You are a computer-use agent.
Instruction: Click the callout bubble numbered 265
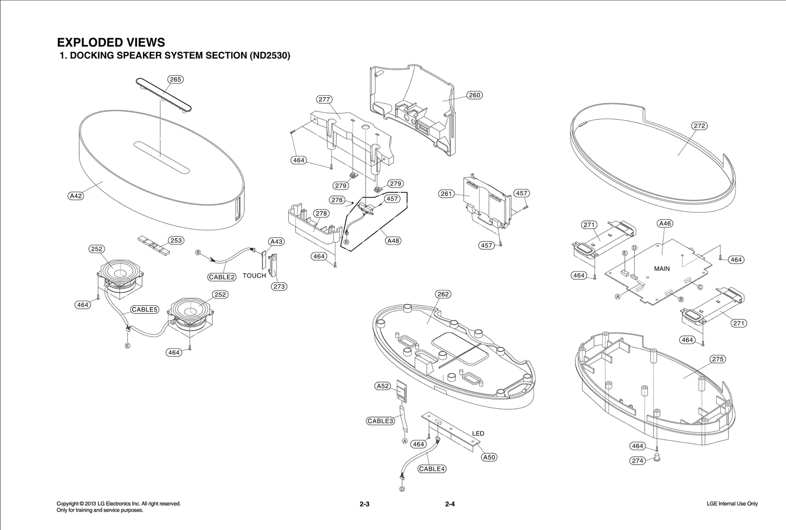(x=175, y=79)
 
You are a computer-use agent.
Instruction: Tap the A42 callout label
(x=75, y=196)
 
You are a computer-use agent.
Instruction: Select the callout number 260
(x=475, y=95)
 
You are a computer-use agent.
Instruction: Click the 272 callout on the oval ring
(x=699, y=126)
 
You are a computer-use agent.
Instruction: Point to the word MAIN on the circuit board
(x=662, y=268)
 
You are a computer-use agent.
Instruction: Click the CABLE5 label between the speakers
(x=144, y=310)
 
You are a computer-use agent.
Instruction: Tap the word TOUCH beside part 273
(x=254, y=276)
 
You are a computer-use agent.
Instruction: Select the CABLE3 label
(x=380, y=421)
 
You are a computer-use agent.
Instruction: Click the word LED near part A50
(x=478, y=433)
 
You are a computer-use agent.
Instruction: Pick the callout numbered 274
(x=637, y=461)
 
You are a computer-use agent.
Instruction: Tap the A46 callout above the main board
(x=664, y=224)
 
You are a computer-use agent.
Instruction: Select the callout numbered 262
(x=443, y=294)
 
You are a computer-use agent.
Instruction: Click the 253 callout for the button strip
(x=176, y=240)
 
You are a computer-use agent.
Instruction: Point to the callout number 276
(x=337, y=200)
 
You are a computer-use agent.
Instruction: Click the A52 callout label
(x=383, y=386)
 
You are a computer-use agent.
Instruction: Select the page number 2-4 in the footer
(x=450, y=504)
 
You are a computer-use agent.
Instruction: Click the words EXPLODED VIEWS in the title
(x=111, y=42)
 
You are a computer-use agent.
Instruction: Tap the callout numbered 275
(x=718, y=359)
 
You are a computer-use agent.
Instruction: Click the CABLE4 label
(x=432, y=469)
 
